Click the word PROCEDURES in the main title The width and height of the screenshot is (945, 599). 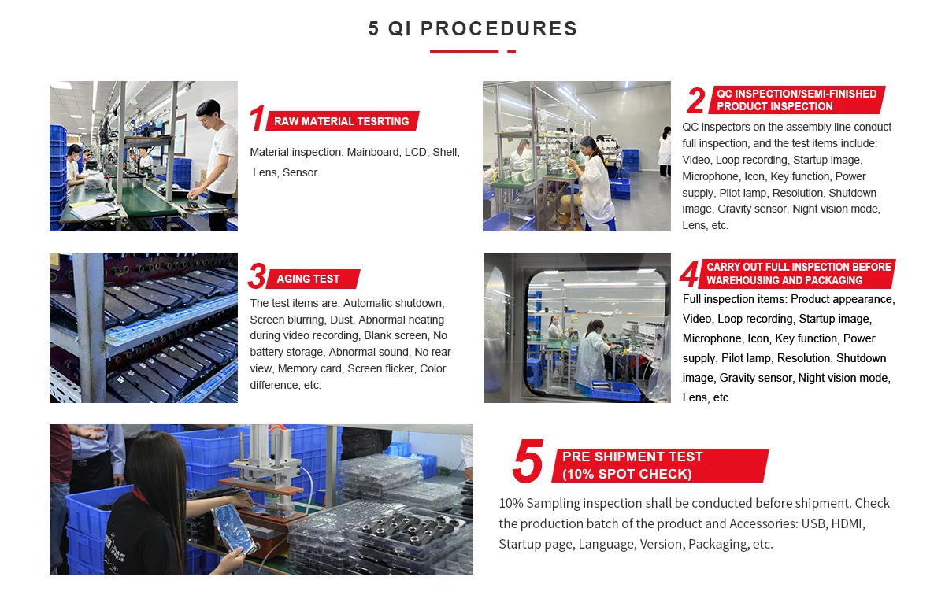[498, 28]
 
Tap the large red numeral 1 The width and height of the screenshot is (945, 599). [258, 118]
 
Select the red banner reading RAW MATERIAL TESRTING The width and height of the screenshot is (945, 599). [342, 121]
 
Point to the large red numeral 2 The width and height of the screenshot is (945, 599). [695, 100]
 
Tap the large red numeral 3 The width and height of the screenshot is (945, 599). [257, 276]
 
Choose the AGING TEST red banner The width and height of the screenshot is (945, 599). [313, 279]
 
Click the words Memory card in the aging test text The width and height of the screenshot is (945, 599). [309, 368]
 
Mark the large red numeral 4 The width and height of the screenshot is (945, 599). [689, 274]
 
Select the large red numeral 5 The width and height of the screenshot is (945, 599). [528, 460]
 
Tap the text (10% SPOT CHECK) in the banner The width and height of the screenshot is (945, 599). [627, 474]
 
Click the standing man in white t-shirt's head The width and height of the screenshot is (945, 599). [209, 113]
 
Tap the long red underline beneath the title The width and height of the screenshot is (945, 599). [464, 51]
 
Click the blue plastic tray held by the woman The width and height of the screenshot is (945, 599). [235, 527]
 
